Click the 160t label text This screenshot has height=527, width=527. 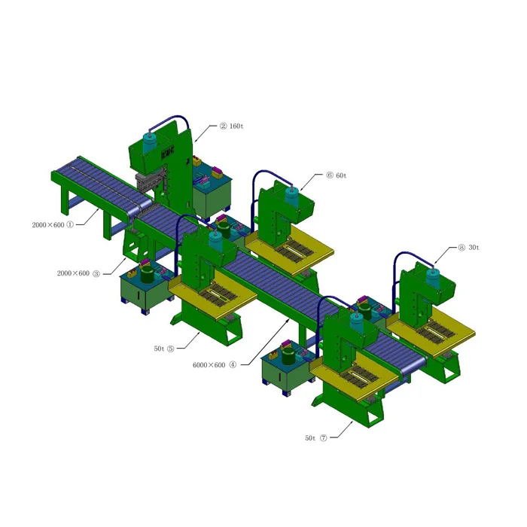(x=236, y=126)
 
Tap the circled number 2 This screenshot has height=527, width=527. (x=223, y=126)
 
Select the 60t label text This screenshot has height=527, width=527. (x=340, y=175)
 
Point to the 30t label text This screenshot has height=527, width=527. (x=474, y=247)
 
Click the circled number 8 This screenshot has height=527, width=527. (x=461, y=247)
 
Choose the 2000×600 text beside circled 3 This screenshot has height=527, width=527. (x=73, y=273)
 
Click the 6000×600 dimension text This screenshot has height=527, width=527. (x=209, y=365)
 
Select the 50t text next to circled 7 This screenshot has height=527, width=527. (x=310, y=437)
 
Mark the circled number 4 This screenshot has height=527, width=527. (x=233, y=365)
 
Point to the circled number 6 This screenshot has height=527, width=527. (x=329, y=175)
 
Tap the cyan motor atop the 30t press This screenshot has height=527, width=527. (x=433, y=276)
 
